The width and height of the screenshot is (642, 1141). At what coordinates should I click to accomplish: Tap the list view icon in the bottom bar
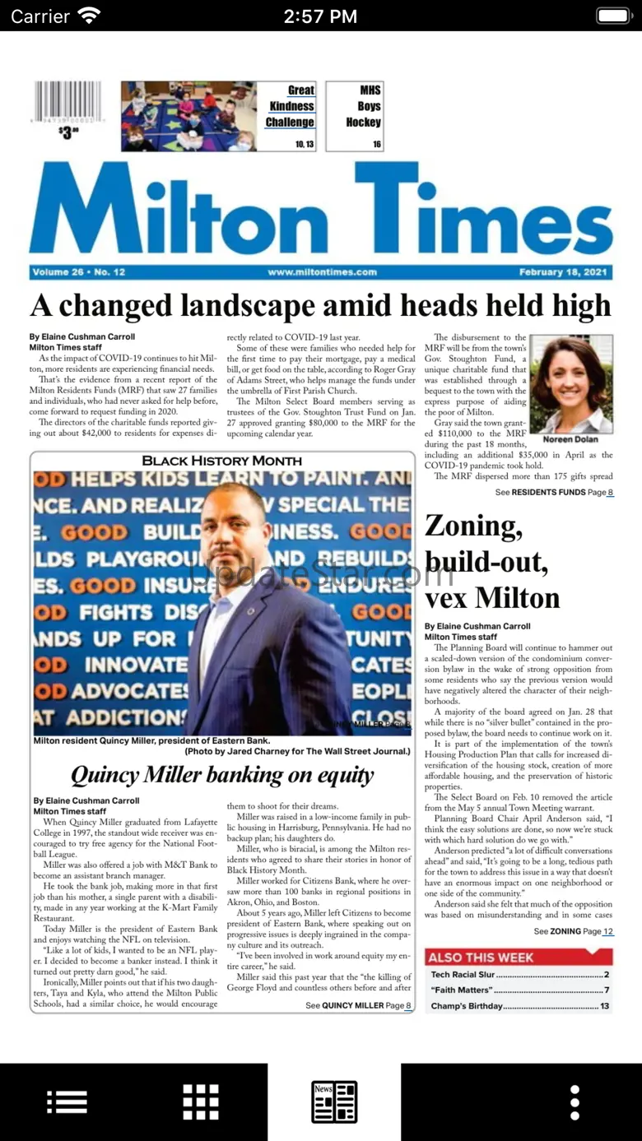(x=67, y=1102)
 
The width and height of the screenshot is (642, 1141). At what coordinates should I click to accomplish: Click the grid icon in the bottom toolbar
(x=201, y=1102)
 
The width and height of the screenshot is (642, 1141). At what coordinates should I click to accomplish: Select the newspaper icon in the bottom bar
(x=334, y=1102)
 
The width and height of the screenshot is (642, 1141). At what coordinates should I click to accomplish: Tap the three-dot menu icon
(x=575, y=1102)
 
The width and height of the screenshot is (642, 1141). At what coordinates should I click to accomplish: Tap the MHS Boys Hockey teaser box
(x=355, y=116)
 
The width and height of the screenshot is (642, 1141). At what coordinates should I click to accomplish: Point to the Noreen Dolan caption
(x=570, y=439)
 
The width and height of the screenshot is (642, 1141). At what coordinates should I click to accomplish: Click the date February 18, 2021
(x=563, y=272)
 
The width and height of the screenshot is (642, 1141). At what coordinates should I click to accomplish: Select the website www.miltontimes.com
(x=322, y=272)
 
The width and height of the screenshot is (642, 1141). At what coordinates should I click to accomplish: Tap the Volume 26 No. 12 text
(x=79, y=272)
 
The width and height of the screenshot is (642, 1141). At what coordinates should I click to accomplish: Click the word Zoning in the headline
(x=473, y=526)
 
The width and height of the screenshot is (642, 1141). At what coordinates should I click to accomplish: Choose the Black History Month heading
(x=222, y=461)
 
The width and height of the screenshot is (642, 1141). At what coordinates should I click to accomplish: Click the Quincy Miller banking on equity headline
(x=222, y=775)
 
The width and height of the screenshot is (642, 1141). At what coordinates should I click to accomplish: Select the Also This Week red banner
(x=519, y=957)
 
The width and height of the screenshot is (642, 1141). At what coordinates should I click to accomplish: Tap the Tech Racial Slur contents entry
(x=519, y=975)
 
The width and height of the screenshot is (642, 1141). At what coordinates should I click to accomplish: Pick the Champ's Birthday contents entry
(x=519, y=1006)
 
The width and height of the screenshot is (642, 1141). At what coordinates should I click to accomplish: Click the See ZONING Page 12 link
(x=573, y=931)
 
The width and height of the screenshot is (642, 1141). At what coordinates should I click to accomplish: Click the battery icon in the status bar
(x=612, y=16)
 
